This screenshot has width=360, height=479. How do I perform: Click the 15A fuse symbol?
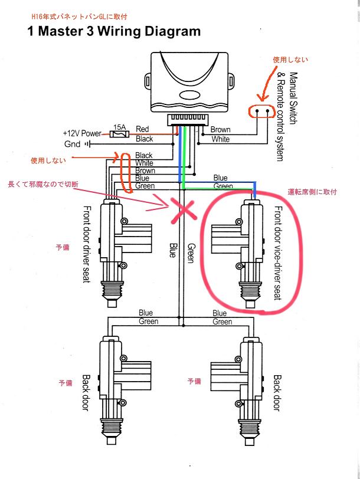click(x=119, y=134)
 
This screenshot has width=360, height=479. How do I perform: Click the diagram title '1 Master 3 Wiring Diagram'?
click(x=114, y=31)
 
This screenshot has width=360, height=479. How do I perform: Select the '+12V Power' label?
click(x=82, y=133)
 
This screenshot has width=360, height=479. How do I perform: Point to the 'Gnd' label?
click(x=72, y=144)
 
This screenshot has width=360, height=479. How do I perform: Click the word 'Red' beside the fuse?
click(x=142, y=129)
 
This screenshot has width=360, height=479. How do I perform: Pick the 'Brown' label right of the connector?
click(x=220, y=130)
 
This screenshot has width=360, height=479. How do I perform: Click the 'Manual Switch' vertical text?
click(x=293, y=98)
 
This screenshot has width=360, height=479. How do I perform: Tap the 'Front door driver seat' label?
click(x=87, y=244)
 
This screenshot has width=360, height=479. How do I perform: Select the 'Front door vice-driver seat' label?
click(x=278, y=253)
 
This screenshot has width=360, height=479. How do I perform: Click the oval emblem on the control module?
click(x=190, y=96)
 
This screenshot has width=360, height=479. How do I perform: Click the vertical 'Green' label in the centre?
click(x=191, y=253)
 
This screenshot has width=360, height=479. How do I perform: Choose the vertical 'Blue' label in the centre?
click(x=174, y=250)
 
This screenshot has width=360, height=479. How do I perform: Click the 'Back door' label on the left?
click(x=87, y=393)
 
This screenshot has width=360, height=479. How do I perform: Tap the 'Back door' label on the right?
click(x=277, y=393)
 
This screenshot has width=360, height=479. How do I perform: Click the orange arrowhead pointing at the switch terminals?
click(x=262, y=97)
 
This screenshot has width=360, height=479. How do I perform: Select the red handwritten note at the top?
click(x=80, y=16)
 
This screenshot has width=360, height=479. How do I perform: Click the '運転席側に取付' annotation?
click(x=312, y=192)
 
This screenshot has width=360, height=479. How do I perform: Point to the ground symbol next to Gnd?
click(x=87, y=144)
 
